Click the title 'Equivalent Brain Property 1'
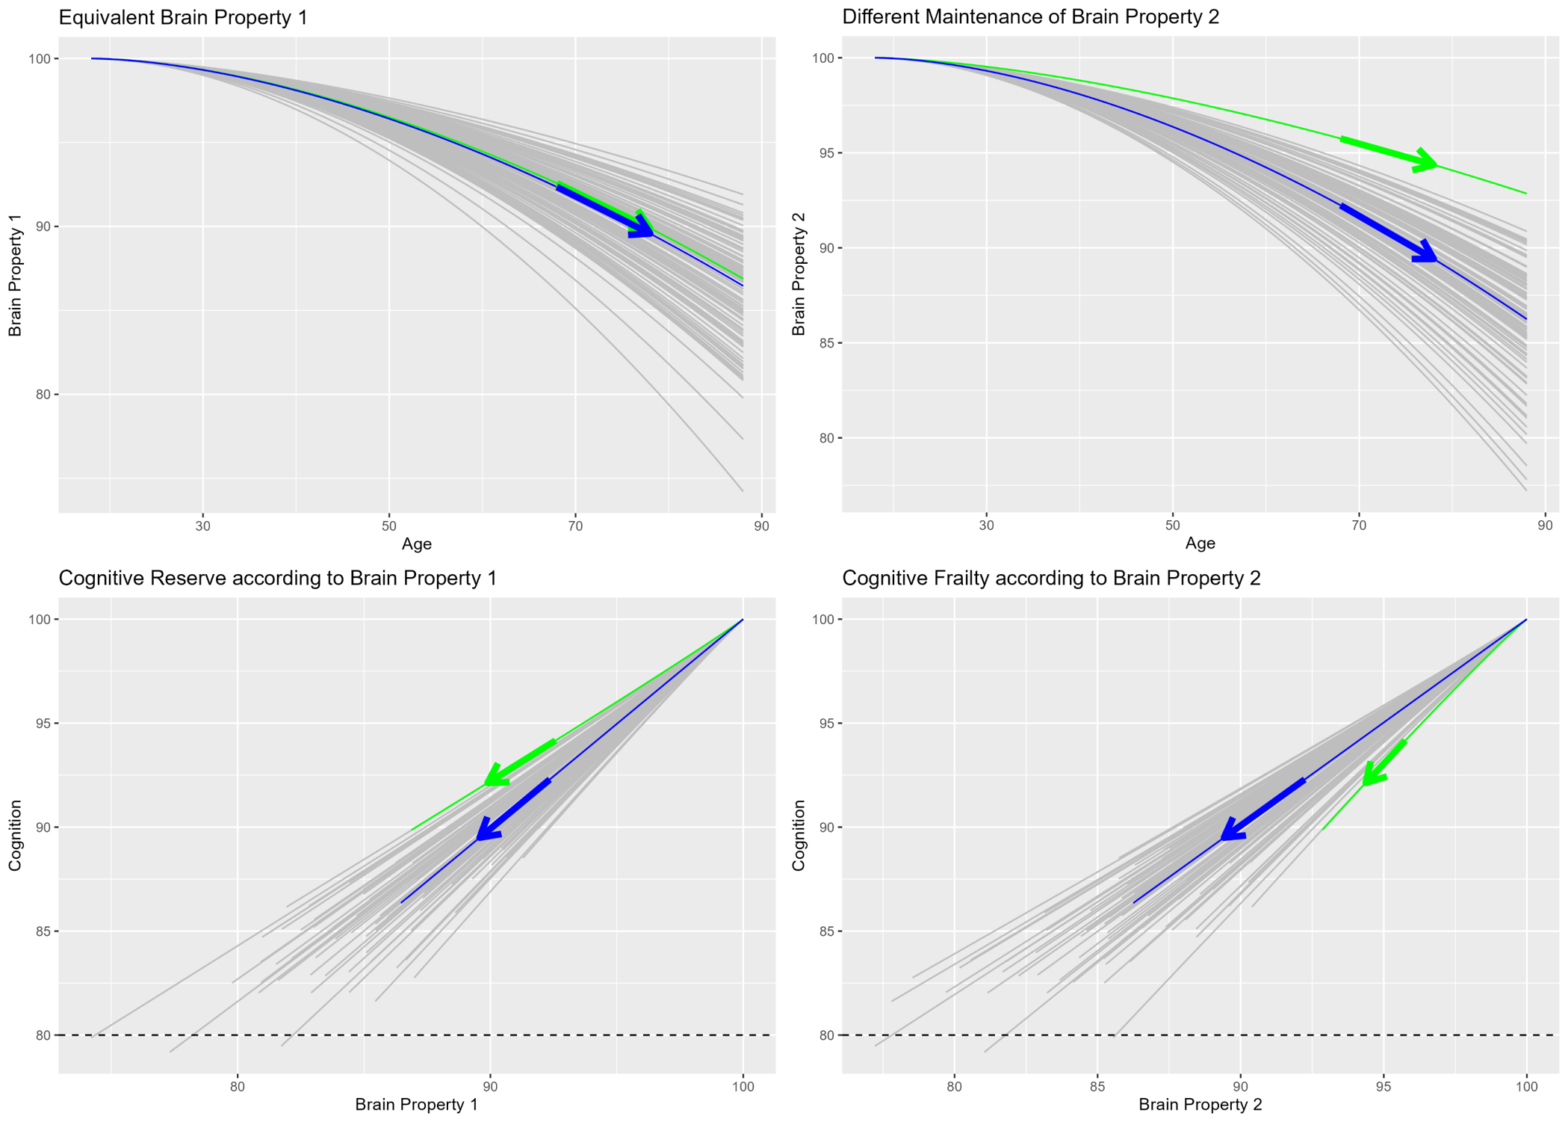click(183, 17)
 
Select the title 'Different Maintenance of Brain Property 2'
click(1030, 16)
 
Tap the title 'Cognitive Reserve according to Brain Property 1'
click(277, 578)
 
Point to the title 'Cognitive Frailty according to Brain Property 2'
click(1051, 578)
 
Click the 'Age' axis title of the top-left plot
click(416, 543)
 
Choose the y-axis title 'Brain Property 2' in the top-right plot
click(799, 274)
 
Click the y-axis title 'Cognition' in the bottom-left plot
click(15, 835)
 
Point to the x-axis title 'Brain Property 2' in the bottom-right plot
click(1200, 1104)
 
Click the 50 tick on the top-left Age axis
click(388, 525)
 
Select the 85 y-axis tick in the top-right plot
click(825, 343)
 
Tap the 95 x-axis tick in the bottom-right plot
click(1383, 1086)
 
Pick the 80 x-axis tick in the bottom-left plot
click(237, 1086)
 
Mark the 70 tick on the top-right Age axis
click(1358, 525)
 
